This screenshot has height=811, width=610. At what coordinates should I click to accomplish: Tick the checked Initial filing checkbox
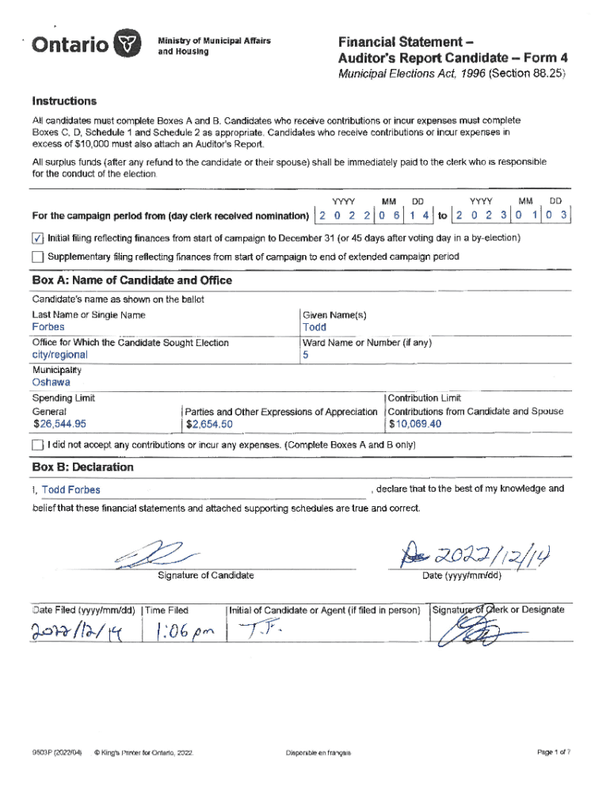tap(38, 238)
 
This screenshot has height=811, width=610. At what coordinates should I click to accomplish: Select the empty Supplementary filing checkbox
tap(38, 257)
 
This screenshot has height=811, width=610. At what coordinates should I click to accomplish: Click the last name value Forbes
tap(48, 327)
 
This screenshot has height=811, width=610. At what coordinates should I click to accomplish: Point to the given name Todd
tap(314, 327)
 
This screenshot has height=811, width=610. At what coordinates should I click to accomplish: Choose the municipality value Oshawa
tap(51, 383)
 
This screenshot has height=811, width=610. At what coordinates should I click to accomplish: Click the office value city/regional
tap(59, 356)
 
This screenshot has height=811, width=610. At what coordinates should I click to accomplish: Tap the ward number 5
tap(306, 356)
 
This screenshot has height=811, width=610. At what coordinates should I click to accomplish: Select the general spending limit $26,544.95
tap(59, 425)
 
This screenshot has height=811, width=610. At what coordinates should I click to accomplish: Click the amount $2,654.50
tap(210, 425)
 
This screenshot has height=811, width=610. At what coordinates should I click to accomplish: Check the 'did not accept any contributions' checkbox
tap(38, 445)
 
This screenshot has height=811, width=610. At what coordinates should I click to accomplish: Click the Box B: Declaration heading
tap(82, 467)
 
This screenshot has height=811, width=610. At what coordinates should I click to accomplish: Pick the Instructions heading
tap(64, 101)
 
